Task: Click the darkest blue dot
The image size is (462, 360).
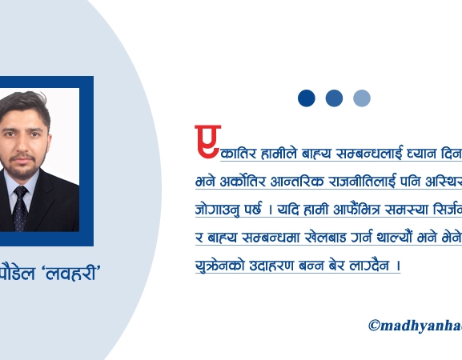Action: [306, 98]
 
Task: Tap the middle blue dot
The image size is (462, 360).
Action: [334, 98]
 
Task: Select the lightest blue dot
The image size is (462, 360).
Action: [362, 98]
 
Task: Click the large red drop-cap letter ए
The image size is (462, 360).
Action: [207, 142]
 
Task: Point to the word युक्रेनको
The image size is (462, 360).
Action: [219, 265]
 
